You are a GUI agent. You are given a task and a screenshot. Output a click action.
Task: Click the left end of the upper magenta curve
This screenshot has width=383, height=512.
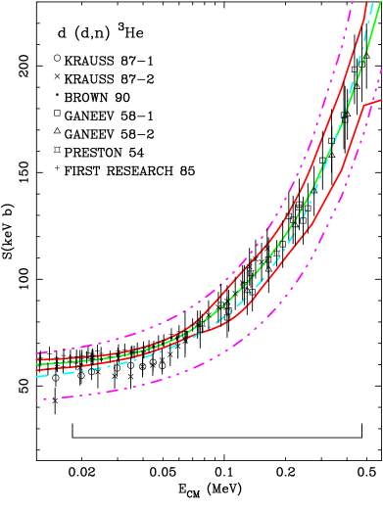(36, 352)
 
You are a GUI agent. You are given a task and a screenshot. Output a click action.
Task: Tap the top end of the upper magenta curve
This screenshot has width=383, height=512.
(353, 2)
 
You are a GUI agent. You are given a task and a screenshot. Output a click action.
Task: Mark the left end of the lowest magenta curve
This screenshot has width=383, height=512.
(36, 399)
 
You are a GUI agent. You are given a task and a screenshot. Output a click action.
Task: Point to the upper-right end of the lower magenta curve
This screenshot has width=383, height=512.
(381, 70)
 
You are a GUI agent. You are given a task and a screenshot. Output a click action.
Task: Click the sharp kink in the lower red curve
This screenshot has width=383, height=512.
(364, 105)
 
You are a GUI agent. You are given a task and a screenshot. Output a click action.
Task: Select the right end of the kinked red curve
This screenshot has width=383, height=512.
(382, 99)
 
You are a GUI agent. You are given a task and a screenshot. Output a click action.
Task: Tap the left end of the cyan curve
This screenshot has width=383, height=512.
(36, 376)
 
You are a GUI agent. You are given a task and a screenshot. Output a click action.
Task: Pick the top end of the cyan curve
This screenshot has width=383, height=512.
(372, 4)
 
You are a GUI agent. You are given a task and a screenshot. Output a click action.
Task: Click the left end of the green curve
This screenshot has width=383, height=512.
(36, 364)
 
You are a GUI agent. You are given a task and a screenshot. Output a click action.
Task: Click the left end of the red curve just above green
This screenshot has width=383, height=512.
(36, 359)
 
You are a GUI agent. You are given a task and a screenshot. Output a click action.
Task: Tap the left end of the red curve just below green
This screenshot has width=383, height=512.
(36, 370)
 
